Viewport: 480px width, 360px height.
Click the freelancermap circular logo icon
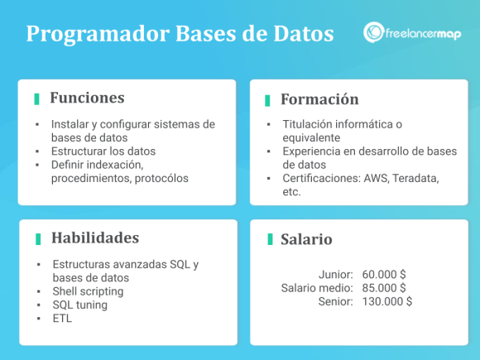pos(373,33)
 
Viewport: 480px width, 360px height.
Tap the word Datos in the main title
pos(305,34)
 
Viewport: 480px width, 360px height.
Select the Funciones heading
pos(87,98)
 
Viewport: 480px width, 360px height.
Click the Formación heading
pos(319,99)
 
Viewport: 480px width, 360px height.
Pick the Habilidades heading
pos(94,238)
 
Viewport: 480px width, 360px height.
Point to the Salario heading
pos(306,239)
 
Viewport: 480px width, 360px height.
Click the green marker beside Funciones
pos(37,98)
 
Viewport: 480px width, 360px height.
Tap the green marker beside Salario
pos(270,239)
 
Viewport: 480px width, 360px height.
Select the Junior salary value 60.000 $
pos(384,274)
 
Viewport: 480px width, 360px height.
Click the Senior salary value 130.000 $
pos(387,301)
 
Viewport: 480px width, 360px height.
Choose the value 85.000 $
pos(384,287)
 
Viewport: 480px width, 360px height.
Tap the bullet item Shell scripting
pos(88,291)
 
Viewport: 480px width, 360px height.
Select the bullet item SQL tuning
pos(80,305)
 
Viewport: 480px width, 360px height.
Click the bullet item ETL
pos(62,318)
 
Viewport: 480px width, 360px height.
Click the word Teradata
pos(413,178)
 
